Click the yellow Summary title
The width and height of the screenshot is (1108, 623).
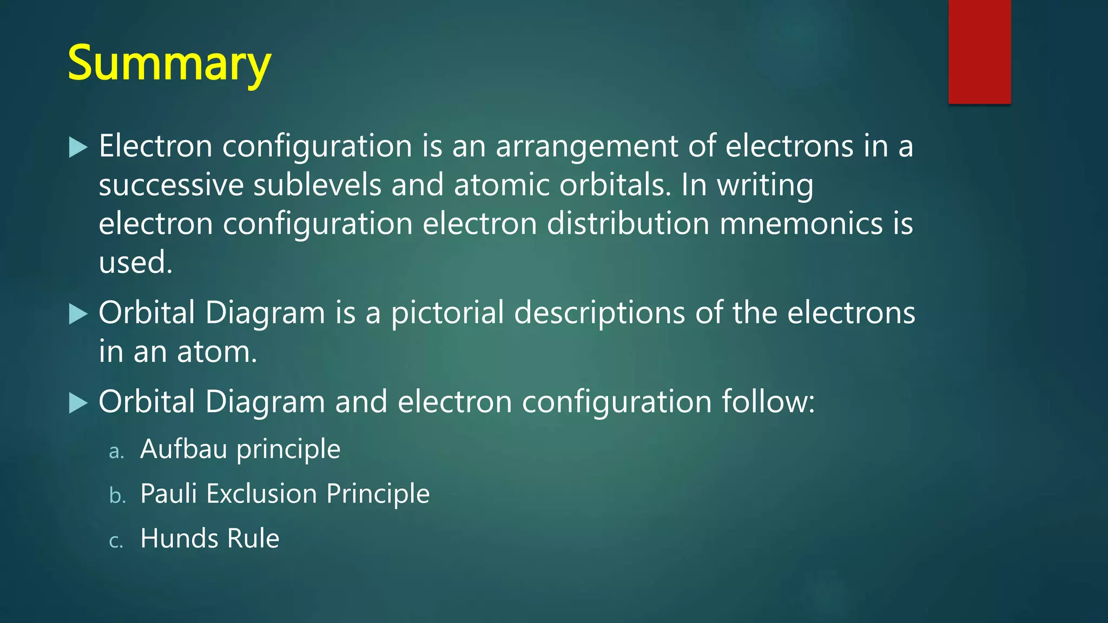169,63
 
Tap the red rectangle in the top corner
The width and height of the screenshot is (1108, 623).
979,52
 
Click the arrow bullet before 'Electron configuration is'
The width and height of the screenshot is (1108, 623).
78,147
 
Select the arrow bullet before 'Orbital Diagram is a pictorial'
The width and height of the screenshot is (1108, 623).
78,314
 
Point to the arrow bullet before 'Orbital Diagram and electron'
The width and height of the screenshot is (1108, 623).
78,403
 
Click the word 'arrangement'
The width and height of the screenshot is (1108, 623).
586,147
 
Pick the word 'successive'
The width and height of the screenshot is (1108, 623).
171,185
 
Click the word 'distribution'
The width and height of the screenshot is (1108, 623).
628,224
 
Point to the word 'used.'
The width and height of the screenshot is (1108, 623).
135,263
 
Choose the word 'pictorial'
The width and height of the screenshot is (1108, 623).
447,314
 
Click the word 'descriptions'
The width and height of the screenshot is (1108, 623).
599,314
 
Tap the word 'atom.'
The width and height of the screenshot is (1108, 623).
217,352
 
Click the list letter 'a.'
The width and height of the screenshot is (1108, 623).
116,451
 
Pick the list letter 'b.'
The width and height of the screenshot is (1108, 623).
117,495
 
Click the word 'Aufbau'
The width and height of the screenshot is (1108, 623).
183,449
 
